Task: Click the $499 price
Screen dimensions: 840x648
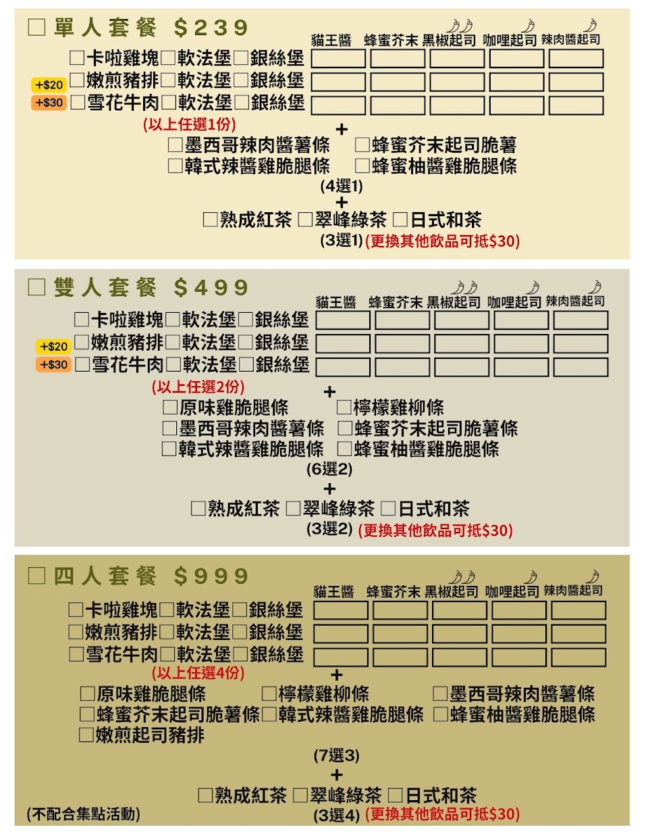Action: pyautogui.click(x=211, y=287)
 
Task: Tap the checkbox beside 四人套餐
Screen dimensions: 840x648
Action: pyautogui.click(x=36, y=576)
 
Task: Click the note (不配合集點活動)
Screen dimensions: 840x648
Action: pyautogui.click(x=83, y=814)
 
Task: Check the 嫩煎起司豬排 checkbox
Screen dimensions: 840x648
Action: pyautogui.click(x=86, y=735)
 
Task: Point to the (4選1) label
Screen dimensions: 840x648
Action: pyautogui.click(x=342, y=186)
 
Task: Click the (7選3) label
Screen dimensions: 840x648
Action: pyautogui.click(x=336, y=755)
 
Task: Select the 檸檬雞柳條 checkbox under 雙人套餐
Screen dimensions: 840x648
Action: pyautogui.click(x=344, y=407)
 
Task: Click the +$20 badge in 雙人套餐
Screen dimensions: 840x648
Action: pyautogui.click(x=53, y=347)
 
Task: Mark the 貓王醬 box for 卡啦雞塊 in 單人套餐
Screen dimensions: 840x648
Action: pyautogui.click(x=338, y=59)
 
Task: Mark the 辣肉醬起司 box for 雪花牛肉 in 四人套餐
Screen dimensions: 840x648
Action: pyautogui.click(x=578, y=657)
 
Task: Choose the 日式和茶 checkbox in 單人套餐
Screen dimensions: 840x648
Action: pyautogui.click(x=400, y=220)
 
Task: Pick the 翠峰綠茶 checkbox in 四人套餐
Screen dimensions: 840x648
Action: pyautogui.click(x=300, y=795)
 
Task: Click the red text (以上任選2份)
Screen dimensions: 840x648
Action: pyautogui.click(x=198, y=387)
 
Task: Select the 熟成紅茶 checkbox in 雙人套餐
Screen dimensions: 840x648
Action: pyautogui.click(x=198, y=508)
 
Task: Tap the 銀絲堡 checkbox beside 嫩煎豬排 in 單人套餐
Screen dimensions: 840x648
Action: pyautogui.click(x=241, y=81)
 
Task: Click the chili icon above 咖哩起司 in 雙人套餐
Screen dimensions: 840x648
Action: pyautogui.click(x=533, y=287)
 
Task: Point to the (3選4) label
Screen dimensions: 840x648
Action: pyautogui.click(x=336, y=815)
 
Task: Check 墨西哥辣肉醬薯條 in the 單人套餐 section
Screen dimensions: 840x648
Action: pyautogui.click(x=175, y=145)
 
